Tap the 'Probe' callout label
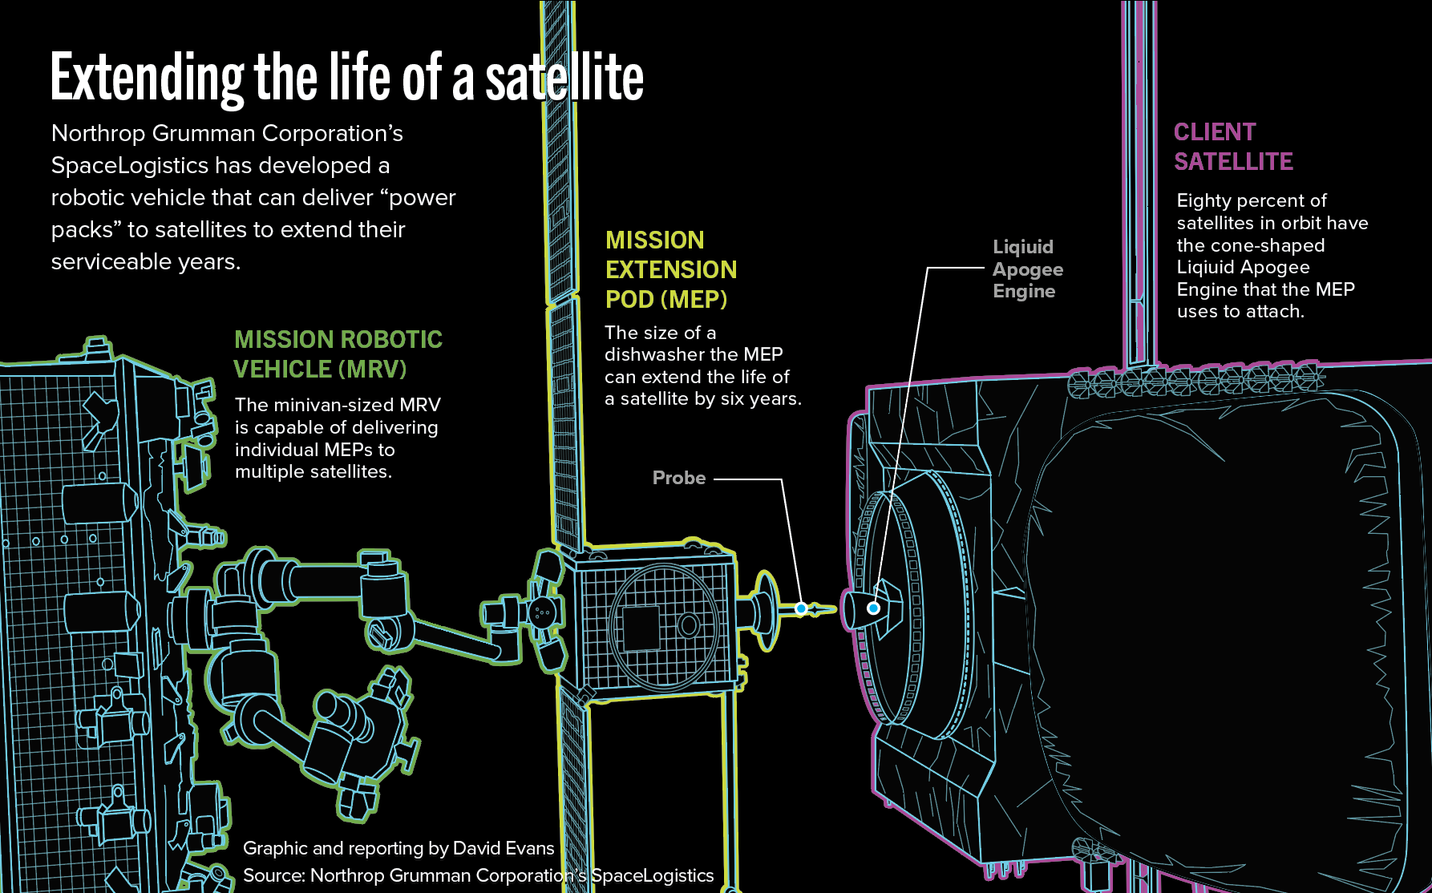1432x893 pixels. click(678, 479)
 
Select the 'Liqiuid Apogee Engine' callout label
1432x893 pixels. click(1027, 269)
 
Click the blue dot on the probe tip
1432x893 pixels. click(801, 609)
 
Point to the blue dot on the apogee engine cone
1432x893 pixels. click(874, 608)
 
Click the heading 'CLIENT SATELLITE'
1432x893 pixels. click(1232, 147)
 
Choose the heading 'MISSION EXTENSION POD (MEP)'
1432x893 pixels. click(670, 270)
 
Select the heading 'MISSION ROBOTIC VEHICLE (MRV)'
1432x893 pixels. click(337, 354)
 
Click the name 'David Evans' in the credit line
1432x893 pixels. click(504, 848)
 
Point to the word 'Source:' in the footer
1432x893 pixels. click(273, 875)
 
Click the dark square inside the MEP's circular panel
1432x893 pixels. click(641, 628)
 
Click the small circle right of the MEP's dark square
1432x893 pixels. click(688, 624)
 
